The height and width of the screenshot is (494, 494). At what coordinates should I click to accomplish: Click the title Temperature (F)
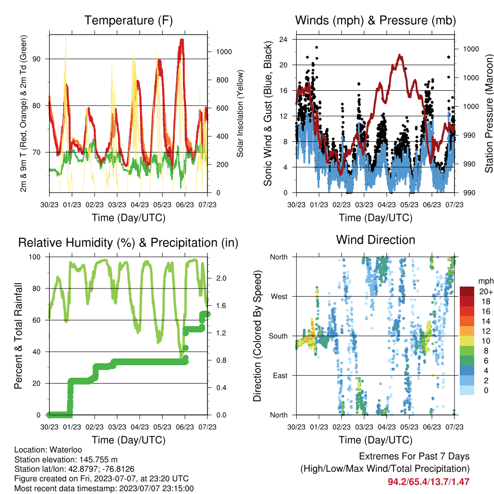[x=128, y=20]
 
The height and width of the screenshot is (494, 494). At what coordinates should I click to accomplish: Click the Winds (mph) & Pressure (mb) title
[x=375, y=20]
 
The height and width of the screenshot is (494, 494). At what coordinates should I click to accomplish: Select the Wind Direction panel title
[x=375, y=240]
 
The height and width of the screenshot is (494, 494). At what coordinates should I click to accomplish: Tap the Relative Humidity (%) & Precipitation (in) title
[x=128, y=243]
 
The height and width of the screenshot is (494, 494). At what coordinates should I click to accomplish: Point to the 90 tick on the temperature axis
[x=37, y=59]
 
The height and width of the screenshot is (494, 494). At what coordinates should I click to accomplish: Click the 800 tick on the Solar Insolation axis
[x=224, y=80]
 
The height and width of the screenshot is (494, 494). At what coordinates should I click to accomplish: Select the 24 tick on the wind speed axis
[x=283, y=40]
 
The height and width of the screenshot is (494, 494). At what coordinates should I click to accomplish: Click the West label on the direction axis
[x=279, y=297]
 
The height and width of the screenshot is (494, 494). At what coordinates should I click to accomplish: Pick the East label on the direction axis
[x=280, y=375]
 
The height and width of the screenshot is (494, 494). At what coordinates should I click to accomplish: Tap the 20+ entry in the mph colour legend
[x=486, y=291]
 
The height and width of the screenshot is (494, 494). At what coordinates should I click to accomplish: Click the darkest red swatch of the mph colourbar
[x=467, y=291]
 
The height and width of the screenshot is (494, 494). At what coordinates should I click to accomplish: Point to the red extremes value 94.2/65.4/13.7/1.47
[x=428, y=482]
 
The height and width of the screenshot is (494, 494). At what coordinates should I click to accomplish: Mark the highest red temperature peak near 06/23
[x=182, y=41]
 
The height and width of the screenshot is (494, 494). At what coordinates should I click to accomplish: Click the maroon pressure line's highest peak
[x=399, y=55]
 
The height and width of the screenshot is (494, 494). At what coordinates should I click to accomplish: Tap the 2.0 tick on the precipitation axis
[x=221, y=278]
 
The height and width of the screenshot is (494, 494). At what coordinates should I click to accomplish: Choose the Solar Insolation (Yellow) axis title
[x=240, y=113]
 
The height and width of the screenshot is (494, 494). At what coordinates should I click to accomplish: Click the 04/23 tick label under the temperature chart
[x=139, y=205]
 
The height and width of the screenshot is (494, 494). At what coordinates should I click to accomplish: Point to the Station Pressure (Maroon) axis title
[x=489, y=113]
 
